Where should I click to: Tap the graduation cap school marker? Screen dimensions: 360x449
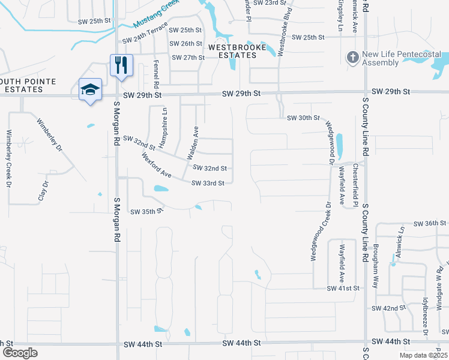point(90,90)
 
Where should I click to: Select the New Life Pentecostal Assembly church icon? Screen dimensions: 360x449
point(352,58)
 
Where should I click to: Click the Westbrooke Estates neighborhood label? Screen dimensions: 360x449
point(232,50)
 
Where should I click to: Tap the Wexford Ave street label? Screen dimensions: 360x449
point(157,166)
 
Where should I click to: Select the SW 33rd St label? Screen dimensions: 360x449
point(208,183)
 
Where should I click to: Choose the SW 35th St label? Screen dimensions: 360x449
point(147,212)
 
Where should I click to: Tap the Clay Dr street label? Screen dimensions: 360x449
point(42,191)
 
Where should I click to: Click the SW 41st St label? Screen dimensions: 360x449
point(343,289)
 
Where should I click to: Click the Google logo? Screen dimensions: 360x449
point(20,353)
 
